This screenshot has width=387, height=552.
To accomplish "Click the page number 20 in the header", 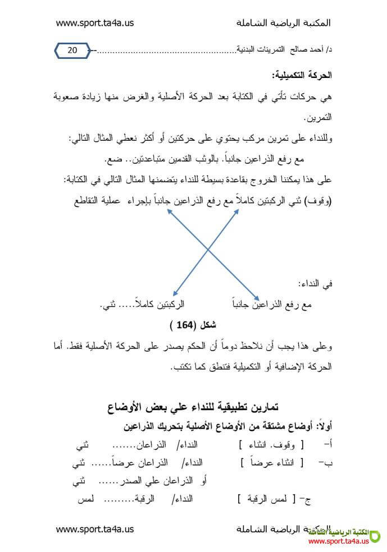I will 72,50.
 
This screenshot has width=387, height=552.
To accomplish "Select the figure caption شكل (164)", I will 193,325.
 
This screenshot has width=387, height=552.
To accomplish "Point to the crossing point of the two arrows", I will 208,249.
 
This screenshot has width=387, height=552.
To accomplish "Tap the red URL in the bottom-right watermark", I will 339,541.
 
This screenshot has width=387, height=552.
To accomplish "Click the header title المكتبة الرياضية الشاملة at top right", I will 284,23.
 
